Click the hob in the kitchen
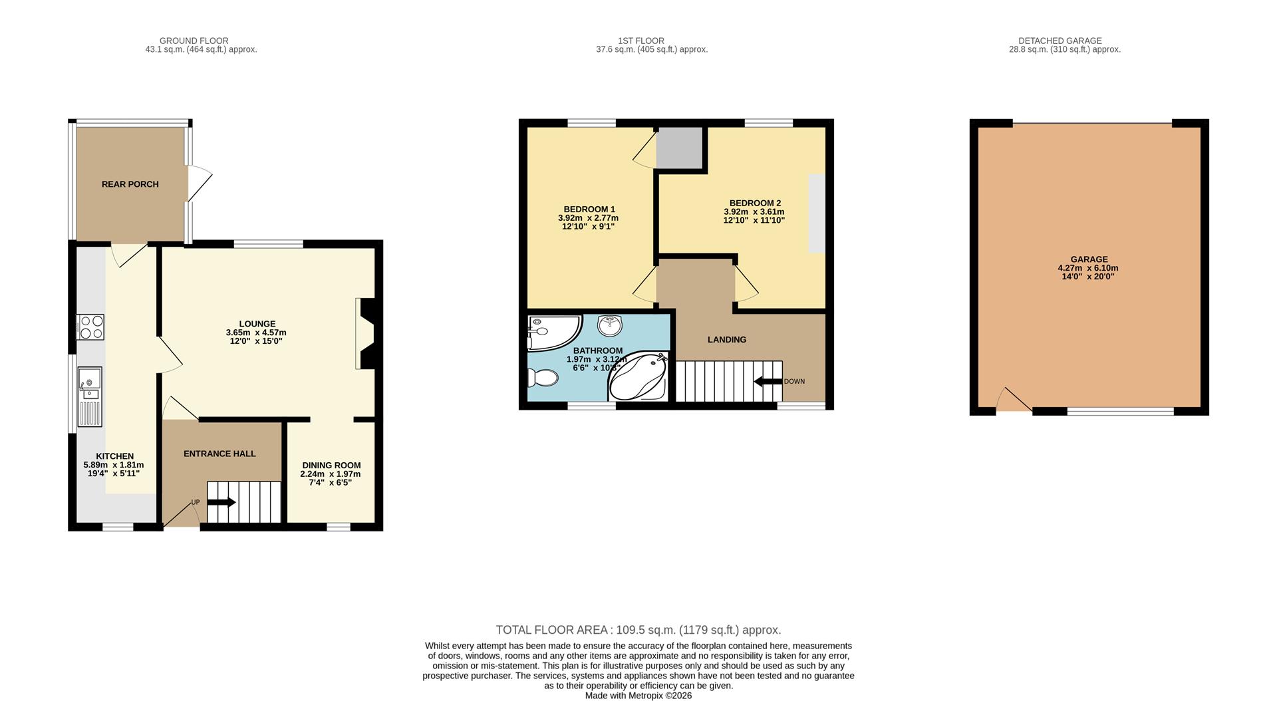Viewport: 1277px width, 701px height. (91, 327)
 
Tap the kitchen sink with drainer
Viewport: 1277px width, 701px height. (89, 396)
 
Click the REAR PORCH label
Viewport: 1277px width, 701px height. (130, 184)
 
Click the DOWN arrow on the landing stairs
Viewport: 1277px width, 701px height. (768, 381)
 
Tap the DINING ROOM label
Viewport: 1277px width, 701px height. (331, 466)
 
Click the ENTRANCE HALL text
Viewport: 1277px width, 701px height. (219, 454)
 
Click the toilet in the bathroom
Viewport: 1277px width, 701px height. (542, 378)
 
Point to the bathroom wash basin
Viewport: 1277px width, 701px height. (610, 325)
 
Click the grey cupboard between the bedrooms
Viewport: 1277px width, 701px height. (679, 148)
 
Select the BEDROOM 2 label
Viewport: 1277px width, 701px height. (755, 203)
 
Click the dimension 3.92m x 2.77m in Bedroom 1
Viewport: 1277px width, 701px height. (588, 218)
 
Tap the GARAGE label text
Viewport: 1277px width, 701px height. (1089, 259)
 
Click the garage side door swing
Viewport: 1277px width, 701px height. (1013, 401)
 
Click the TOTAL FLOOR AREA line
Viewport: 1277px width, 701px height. (638, 630)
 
